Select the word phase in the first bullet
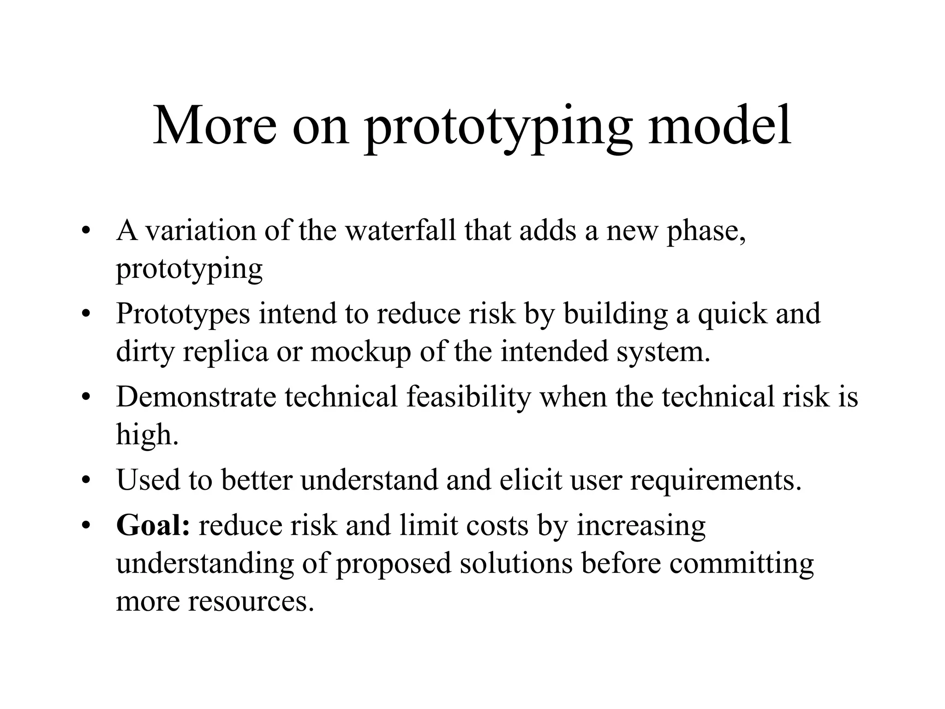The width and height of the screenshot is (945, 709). coord(706,231)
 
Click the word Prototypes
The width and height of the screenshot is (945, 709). coord(183,314)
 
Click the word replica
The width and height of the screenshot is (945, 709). coord(226,352)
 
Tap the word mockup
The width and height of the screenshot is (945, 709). coord(360,352)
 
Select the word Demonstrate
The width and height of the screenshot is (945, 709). coord(196,397)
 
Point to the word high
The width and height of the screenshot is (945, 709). coord(146,434)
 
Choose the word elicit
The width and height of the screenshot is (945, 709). coord(531,480)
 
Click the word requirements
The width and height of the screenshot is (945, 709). coord(716,481)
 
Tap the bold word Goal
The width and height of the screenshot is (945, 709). coord(152,525)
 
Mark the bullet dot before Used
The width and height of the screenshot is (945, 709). coord(84,481)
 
